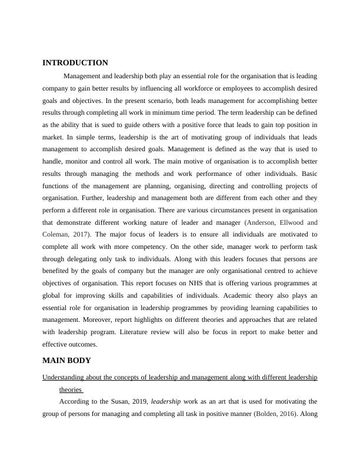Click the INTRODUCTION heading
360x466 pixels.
coord(75,63)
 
